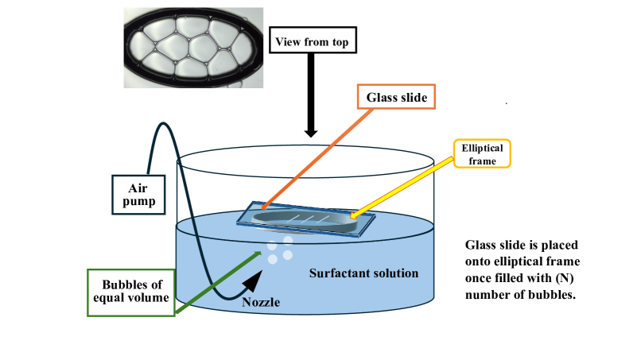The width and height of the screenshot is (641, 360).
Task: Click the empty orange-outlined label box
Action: click(x=396, y=96)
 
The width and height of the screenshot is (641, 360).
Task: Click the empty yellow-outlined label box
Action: click(x=482, y=153)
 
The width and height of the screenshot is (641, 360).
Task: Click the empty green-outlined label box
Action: click(x=130, y=292)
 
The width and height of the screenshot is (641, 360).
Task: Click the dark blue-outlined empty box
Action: click(x=138, y=195)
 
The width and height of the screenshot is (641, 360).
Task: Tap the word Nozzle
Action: click(x=261, y=302)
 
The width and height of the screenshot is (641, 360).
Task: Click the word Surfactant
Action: click(x=338, y=273)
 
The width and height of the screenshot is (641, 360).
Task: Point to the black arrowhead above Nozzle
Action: click(x=254, y=279)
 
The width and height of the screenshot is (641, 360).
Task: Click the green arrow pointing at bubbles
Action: click(x=219, y=281)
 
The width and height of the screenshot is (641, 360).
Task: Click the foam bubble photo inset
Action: click(x=193, y=47)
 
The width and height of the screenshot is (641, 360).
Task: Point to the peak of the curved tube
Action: click(x=163, y=124)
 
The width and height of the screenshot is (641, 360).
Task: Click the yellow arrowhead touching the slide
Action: click(x=353, y=215)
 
